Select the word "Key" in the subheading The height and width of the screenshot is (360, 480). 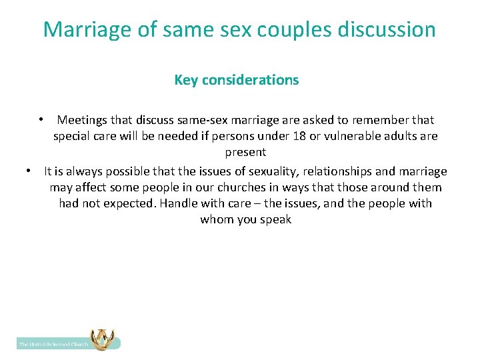[x=185, y=80]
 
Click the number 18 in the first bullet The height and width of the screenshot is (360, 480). [x=315, y=136]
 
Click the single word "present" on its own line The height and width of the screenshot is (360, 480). [x=245, y=152]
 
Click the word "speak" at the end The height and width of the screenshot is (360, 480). [x=276, y=219]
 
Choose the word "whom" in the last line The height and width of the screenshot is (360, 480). [x=216, y=219]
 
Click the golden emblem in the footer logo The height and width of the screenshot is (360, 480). [x=101, y=340]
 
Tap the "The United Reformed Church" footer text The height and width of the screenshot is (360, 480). [x=53, y=344]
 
